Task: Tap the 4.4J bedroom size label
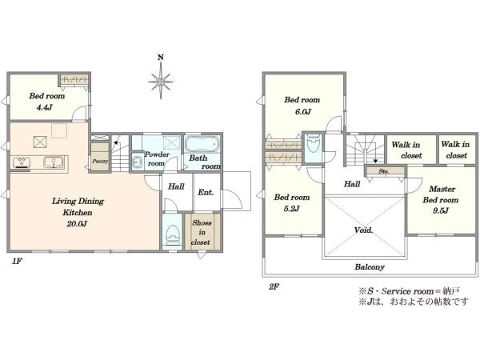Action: [x=45, y=107]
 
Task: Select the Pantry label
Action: [x=100, y=161]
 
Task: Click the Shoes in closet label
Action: [x=202, y=232]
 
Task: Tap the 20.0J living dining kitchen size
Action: [x=77, y=224]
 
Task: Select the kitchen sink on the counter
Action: [x=54, y=162]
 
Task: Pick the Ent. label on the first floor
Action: [x=206, y=192]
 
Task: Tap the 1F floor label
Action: [x=17, y=261]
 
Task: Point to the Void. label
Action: [x=364, y=230]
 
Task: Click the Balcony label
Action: [x=370, y=267]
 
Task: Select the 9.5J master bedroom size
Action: [x=440, y=210]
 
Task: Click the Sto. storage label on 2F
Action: [x=384, y=171]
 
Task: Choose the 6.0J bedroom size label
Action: [x=302, y=112]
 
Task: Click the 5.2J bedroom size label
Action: [x=291, y=209]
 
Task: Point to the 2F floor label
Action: [x=274, y=287]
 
